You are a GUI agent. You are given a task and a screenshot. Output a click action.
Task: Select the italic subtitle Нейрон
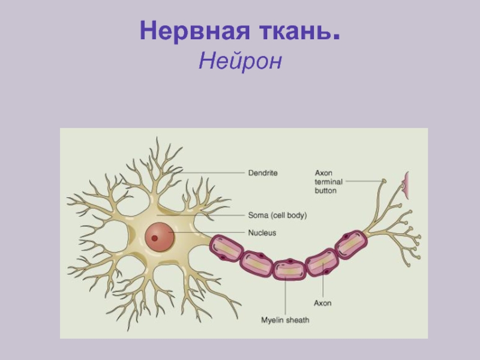tap(240, 61)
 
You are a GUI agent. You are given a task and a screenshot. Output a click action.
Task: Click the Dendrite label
tap(263, 173)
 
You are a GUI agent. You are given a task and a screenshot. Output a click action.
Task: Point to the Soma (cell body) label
tap(277, 215)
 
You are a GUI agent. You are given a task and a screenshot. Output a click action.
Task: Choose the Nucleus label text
tap(262, 232)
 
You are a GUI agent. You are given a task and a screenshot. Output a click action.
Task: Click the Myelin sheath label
tap(285, 320)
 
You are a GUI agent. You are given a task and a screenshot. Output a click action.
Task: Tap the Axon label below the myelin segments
tap(322, 303)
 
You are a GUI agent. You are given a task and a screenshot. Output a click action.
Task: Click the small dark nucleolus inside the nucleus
tap(155, 238)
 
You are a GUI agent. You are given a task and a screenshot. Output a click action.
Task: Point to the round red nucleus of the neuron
tap(161, 236)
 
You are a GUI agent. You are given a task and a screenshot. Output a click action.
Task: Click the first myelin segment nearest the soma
tap(226, 248)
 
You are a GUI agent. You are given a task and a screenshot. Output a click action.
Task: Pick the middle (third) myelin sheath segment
tap(289, 269)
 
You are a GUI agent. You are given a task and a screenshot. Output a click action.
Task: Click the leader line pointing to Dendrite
tap(210, 173)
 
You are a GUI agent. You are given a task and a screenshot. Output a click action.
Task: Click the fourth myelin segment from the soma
tap(322, 262)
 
